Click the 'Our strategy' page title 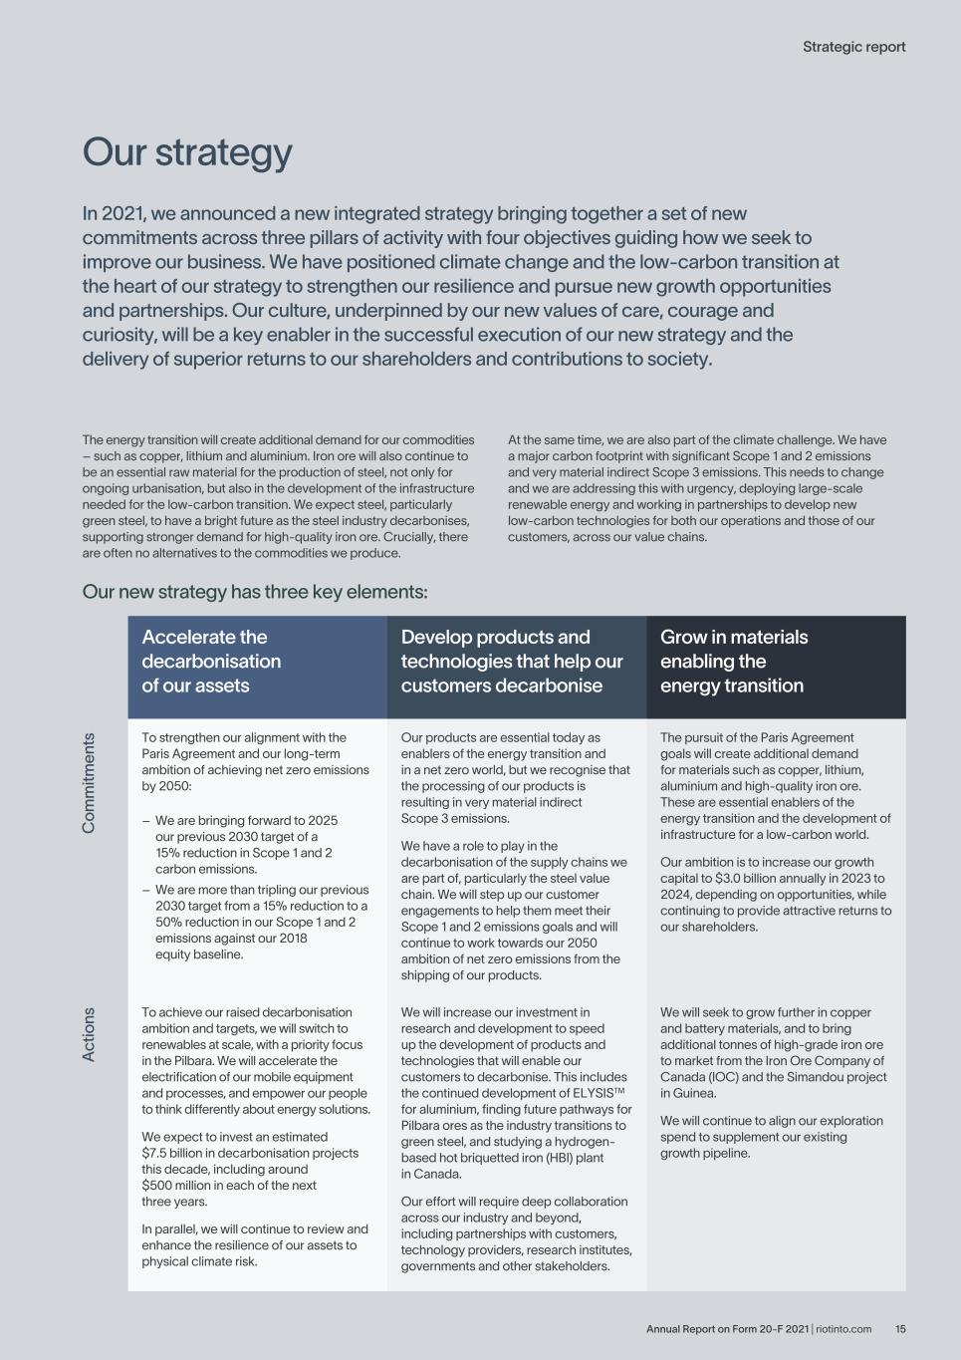pyautogui.click(x=187, y=152)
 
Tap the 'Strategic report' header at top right pyautogui.click(x=853, y=47)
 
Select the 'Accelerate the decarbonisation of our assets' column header pyautogui.click(x=211, y=662)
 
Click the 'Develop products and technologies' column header pyautogui.click(x=512, y=662)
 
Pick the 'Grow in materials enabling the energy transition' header pyautogui.click(x=734, y=662)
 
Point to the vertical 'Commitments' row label pyautogui.click(x=90, y=783)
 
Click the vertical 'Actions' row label pyautogui.click(x=90, y=1034)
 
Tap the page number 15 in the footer pyautogui.click(x=900, y=1328)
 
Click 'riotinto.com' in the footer pyautogui.click(x=843, y=1328)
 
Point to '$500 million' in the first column pyautogui.click(x=175, y=1186)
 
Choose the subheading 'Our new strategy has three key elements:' pyautogui.click(x=255, y=592)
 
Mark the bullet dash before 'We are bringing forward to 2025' pyautogui.click(x=145, y=821)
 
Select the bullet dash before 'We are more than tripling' pyautogui.click(x=145, y=890)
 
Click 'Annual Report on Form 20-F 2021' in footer pyautogui.click(x=727, y=1328)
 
